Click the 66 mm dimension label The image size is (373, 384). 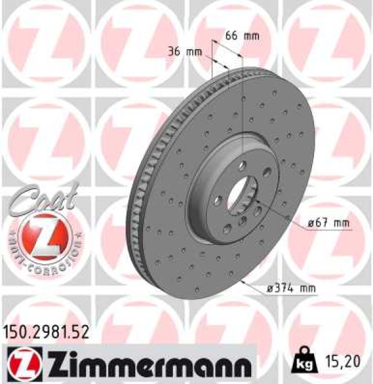242,36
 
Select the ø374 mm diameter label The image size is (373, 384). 291,289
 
